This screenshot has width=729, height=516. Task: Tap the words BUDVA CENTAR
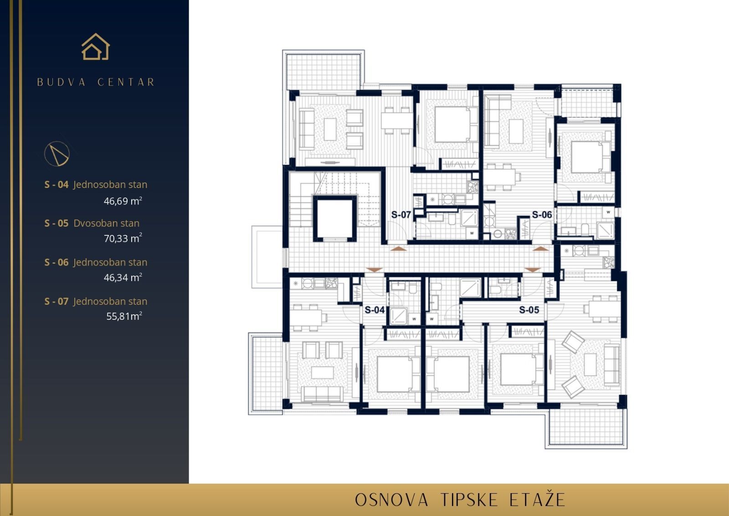(x=96, y=82)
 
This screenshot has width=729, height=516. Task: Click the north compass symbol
(x=57, y=153)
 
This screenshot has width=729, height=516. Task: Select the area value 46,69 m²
(x=123, y=201)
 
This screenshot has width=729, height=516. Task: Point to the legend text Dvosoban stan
(x=107, y=223)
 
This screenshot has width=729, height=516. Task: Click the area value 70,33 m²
(x=123, y=238)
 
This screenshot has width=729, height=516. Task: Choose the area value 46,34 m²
(x=123, y=277)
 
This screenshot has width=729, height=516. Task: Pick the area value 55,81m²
(x=124, y=316)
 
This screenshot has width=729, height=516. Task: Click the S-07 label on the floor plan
(x=401, y=214)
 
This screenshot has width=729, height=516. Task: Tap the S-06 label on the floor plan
(x=542, y=214)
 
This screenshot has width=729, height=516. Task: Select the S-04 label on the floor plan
(x=375, y=310)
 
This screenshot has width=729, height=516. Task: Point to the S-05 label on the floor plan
(x=529, y=310)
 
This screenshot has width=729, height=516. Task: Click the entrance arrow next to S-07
(x=398, y=249)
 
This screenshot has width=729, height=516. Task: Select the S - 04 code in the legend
(x=56, y=185)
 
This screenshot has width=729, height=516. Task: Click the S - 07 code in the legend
(x=56, y=301)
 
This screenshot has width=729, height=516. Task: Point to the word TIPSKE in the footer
(x=469, y=500)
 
